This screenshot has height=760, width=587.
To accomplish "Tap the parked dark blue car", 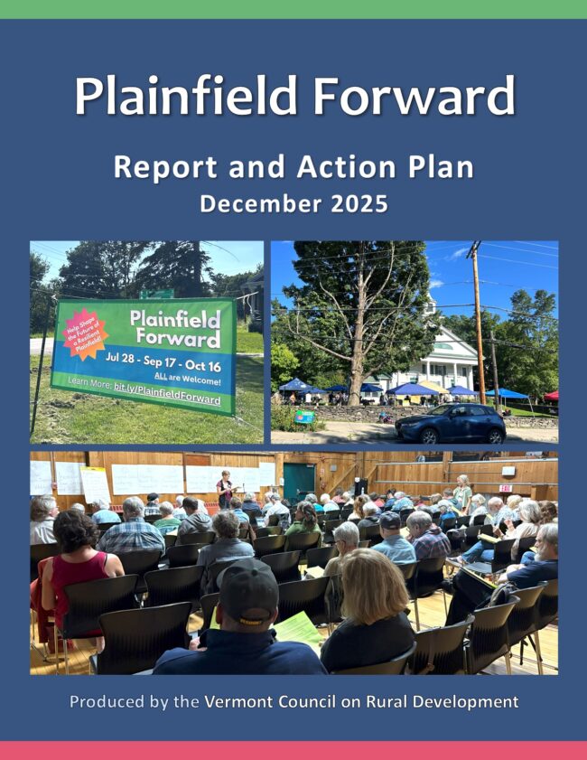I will (450, 422).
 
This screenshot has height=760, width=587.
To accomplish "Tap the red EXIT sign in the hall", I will (505, 487).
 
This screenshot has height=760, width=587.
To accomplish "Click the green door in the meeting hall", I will (298, 483).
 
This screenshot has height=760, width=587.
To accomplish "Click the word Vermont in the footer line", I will (236, 701).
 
